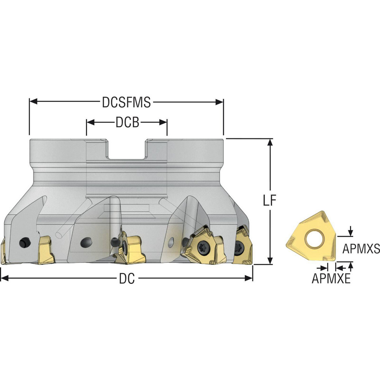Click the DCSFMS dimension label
[x=127, y=102]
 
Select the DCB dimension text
[x=127, y=122]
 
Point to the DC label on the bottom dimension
[x=127, y=279]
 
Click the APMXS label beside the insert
[x=361, y=249]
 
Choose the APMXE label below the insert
[x=331, y=279]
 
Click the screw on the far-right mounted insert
[x=240, y=249]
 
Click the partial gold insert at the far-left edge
[x=2, y=253]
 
